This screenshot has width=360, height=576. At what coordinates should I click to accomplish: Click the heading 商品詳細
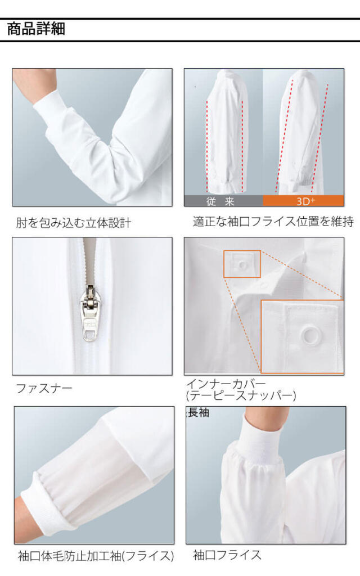point(36,29)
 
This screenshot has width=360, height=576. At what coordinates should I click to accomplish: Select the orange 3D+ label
point(303,201)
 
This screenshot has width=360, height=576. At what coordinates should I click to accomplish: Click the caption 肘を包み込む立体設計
point(74,223)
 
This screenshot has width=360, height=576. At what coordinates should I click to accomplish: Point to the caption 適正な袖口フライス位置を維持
point(273,222)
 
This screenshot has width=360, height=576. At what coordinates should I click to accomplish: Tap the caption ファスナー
point(44,388)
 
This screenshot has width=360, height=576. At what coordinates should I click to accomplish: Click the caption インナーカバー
point(226,384)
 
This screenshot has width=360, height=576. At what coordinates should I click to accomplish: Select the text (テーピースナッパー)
point(241,395)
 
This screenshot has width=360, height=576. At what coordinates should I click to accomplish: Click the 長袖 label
point(199,412)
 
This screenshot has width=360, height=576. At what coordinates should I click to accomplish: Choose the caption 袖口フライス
point(227,555)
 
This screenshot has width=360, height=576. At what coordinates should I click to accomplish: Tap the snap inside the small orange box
point(242,264)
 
